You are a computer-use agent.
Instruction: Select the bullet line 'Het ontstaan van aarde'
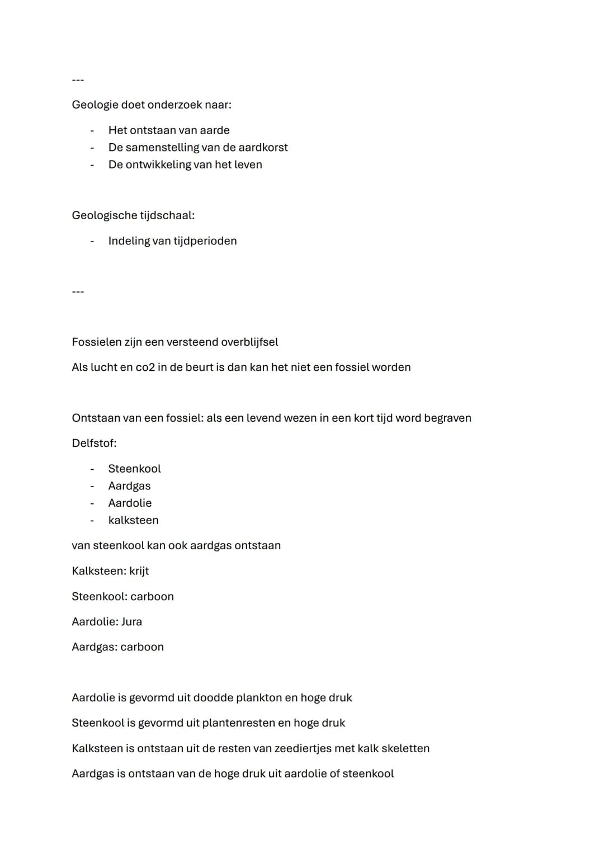click(x=169, y=130)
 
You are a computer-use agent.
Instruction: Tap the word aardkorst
click(x=262, y=148)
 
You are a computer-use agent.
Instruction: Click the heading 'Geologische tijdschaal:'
click(x=133, y=215)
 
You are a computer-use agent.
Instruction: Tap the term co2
click(x=145, y=367)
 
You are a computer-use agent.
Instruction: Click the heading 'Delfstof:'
click(x=94, y=443)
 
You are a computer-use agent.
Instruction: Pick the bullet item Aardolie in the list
click(x=130, y=503)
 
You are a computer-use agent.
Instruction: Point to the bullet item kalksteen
click(x=133, y=520)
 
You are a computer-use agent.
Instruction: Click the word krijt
click(x=139, y=571)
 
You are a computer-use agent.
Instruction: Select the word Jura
click(x=131, y=622)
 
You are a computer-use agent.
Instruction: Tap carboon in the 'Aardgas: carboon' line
click(x=142, y=647)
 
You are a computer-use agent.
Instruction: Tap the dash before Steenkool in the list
click(x=92, y=469)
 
